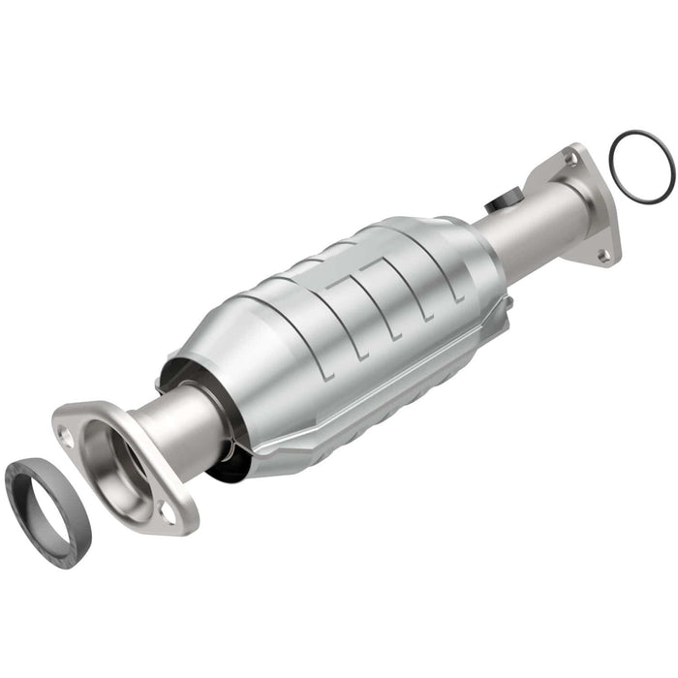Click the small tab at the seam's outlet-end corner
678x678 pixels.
click(x=506, y=304)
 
